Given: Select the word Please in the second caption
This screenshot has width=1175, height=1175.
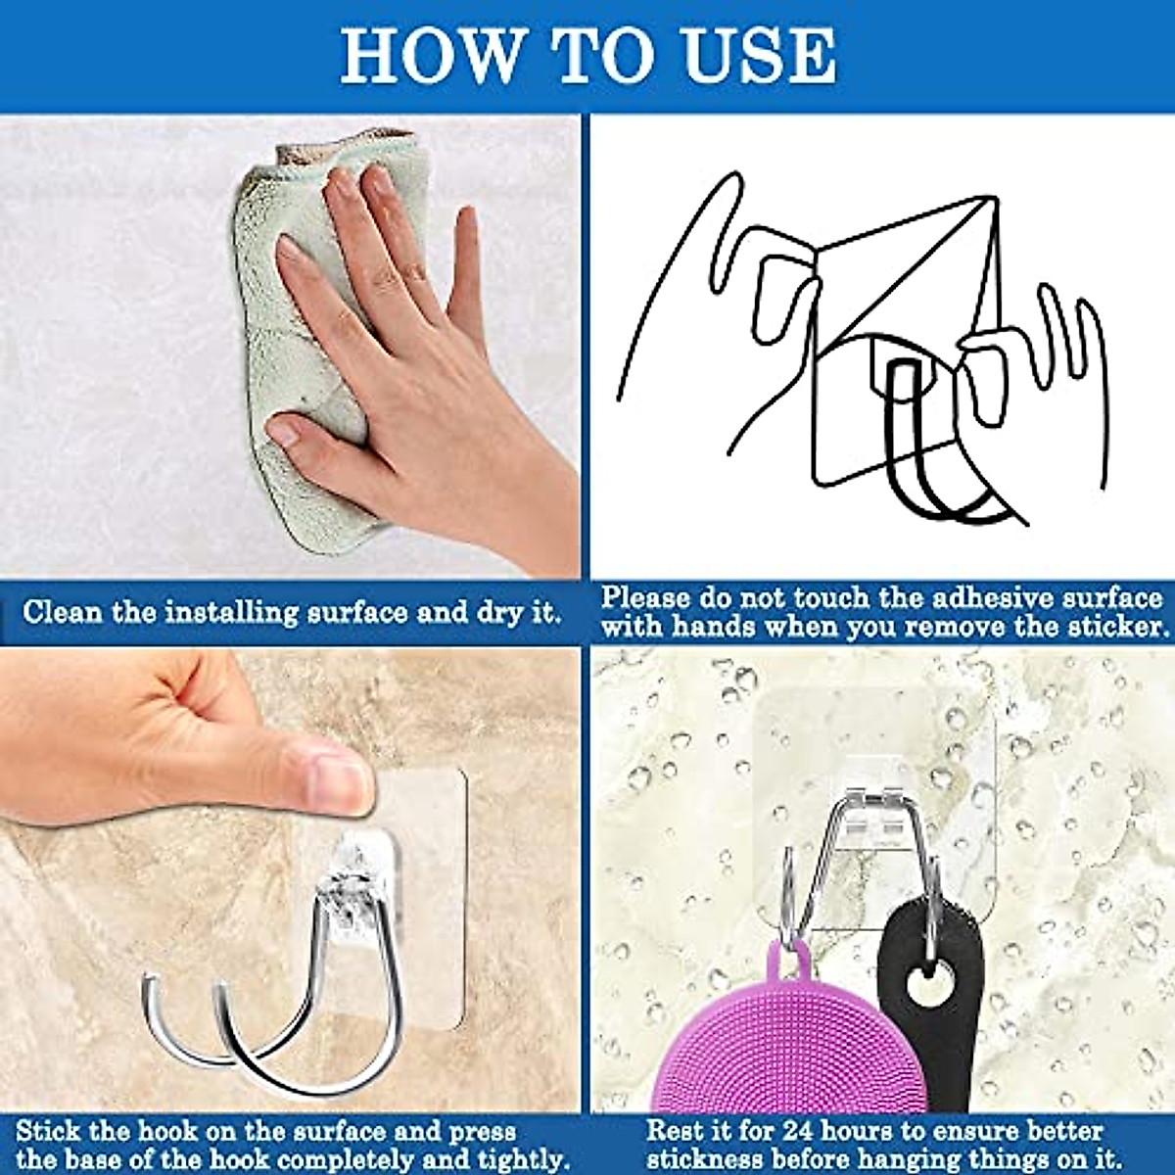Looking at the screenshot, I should click(x=650, y=598).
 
